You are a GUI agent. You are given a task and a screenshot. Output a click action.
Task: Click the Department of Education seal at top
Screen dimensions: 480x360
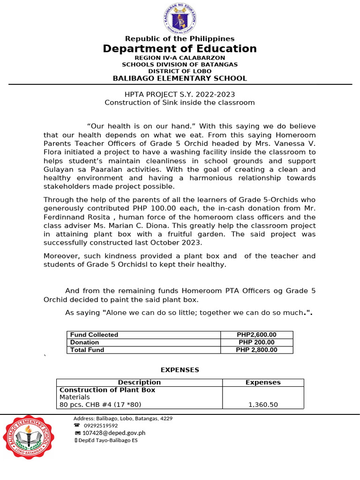pyautogui.click(x=180, y=18)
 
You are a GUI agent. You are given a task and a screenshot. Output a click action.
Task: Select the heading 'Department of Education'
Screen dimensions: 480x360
pyautogui.click(x=180, y=49)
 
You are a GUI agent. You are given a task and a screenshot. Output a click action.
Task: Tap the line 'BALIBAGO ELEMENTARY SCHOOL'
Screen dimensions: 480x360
pyautogui.click(x=180, y=78)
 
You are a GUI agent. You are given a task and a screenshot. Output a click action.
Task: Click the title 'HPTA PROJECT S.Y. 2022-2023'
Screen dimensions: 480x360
pyautogui.click(x=180, y=94)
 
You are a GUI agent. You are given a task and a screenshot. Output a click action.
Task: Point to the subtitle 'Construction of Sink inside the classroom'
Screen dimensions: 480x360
pyautogui.click(x=180, y=102)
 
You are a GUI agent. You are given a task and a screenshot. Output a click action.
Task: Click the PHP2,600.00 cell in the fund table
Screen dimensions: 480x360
pyautogui.click(x=256, y=335)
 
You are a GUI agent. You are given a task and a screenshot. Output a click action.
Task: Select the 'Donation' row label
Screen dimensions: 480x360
pyautogui.click(x=85, y=342)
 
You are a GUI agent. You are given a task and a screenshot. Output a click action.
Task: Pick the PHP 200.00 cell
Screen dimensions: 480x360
pyautogui.click(x=256, y=342)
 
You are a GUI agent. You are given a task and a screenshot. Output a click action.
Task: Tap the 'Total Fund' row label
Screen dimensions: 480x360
pyautogui.click(x=87, y=350)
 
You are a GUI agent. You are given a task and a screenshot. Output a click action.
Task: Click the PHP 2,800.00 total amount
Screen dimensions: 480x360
pyautogui.click(x=256, y=350)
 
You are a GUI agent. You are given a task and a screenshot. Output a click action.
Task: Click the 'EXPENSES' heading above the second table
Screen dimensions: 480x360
pyautogui.click(x=180, y=370)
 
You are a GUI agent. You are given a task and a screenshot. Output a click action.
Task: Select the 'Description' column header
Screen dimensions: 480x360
pyautogui.click(x=139, y=382)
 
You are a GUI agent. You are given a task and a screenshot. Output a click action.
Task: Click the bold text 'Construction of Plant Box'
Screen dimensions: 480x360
pyautogui.click(x=107, y=390)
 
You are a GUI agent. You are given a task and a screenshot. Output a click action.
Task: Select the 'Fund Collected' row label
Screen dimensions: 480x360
pyautogui.click(x=94, y=335)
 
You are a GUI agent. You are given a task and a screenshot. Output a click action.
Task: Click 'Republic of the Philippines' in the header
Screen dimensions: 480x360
pyautogui.click(x=180, y=38)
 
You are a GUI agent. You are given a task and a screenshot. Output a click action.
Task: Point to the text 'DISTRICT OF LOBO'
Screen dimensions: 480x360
pyautogui.click(x=180, y=71)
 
